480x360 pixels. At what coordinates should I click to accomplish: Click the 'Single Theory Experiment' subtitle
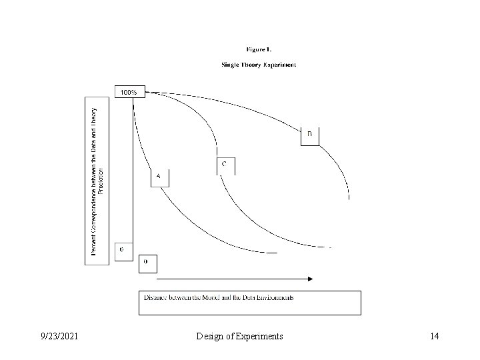click(x=259, y=65)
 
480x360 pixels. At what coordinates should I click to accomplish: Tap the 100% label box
click(x=129, y=92)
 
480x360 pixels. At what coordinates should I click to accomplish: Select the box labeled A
click(x=159, y=178)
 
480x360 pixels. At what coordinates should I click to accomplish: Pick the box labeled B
click(x=310, y=135)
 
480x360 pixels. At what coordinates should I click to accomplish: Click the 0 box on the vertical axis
click(x=123, y=251)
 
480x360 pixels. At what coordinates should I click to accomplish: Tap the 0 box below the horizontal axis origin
click(x=147, y=263)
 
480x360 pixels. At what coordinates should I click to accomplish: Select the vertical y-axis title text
click(x=97, y=181)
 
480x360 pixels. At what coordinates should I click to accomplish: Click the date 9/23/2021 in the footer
click(x=59, y=337)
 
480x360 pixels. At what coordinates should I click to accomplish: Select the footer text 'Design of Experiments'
click(x=240, y=337)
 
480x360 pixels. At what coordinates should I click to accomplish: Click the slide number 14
click(x=434, y=337)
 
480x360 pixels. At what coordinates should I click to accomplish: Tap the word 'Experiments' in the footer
click(x=259, y=337)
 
